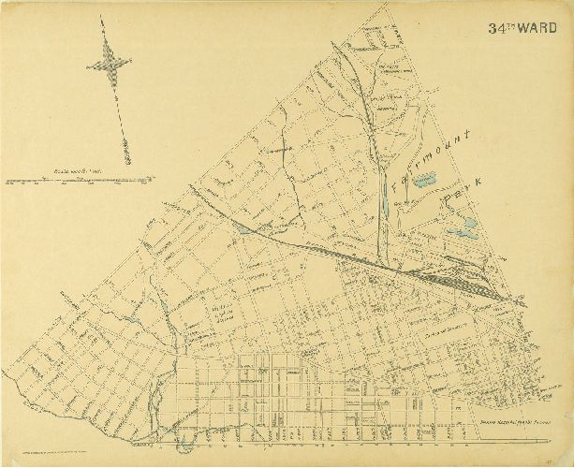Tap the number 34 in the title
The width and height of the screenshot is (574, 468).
[x=494, y=28]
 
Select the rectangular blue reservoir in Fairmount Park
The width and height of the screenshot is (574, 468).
[x=425, y=178]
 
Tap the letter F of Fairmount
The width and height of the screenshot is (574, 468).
[x=397, y=184]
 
